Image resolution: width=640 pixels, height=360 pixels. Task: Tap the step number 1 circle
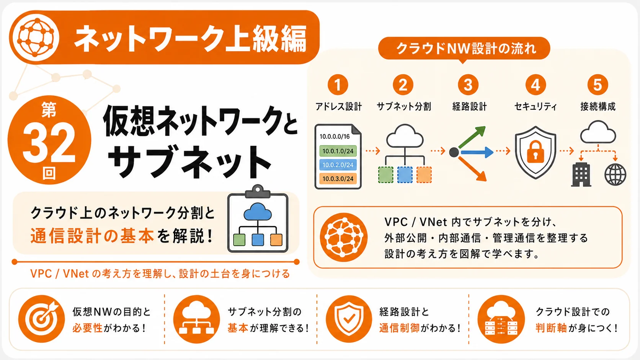pyautogui.click(x=338, y=85)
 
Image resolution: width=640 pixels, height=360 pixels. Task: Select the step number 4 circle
pyautogui.click(x=536, y=85)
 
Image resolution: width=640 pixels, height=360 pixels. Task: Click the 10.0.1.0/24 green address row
pyautogui.click(x=338, y=151)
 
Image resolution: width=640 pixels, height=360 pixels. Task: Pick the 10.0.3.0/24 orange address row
pyautogui.click(x=338, y=179)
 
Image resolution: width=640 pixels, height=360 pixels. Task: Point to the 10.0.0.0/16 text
pyautogui.click(x=335, y=137)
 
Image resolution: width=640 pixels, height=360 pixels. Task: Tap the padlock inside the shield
pyautogui.click(x=536, y=152)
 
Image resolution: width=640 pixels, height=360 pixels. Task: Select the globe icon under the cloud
pyautogui.click(x=616, y=174)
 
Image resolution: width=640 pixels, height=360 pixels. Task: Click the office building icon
pyautogui.click(x=581, y=174)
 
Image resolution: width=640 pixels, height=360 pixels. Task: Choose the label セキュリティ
pyautogui.click(x=536, y=106)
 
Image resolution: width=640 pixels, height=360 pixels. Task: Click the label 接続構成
pyautogui.click(x=598, y=106)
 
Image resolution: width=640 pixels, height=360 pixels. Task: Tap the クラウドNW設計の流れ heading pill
pyautogui.click(x=464, y=48)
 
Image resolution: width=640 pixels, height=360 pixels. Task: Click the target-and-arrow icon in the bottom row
pyautogui.click(x=42, y=319)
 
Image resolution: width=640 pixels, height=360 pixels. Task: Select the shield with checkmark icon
pyautogui.click(x=349, y=319)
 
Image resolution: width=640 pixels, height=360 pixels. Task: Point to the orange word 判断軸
pyautogui.click(x=551, y=328)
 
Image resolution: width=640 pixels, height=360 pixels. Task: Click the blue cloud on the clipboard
pyautogui.click(x=258, y=212)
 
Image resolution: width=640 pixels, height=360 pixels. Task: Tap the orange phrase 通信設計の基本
pyautogui.click(x=92, y=236)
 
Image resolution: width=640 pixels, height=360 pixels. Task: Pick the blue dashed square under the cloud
pyautogui.click(x=405, y=175)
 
